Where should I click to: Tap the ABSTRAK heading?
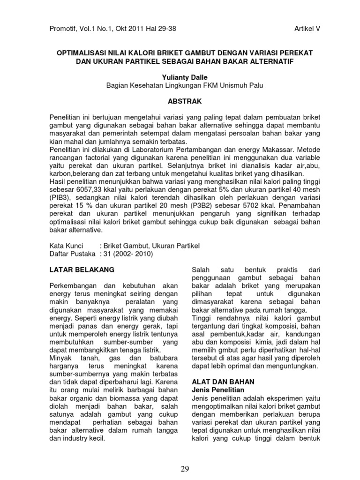click(x=180, y=100)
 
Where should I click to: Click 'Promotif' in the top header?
click(x=63, y=29)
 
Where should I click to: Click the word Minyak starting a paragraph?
click(x=61, y=359)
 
